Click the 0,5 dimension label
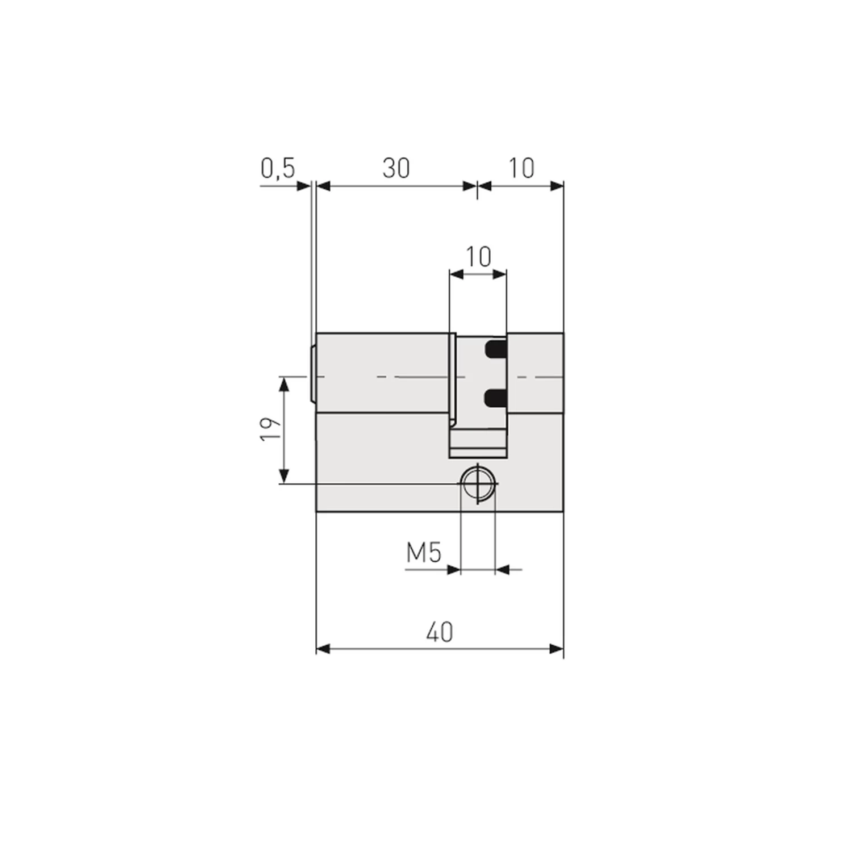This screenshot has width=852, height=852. point(278,169)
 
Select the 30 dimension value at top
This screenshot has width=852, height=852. point(396,169)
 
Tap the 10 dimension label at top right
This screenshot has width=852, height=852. point(521,169)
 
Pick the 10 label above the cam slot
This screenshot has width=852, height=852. point(478,257)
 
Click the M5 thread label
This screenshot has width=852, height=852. point(424,553)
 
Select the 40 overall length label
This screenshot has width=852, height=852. point(440,632)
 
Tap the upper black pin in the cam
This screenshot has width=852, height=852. point(495,349)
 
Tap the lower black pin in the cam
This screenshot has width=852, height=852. point(495,399)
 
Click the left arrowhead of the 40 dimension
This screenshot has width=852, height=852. point(323,649)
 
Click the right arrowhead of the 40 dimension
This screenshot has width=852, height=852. point(557,649)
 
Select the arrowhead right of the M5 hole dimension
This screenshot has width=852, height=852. point(503,569)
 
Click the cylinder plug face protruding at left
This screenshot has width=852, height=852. point(313,375)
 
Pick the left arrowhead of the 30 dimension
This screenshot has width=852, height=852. point(323,186)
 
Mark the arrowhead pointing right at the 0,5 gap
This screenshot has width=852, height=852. point(304,186)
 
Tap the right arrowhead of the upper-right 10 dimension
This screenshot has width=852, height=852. point(557,186)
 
